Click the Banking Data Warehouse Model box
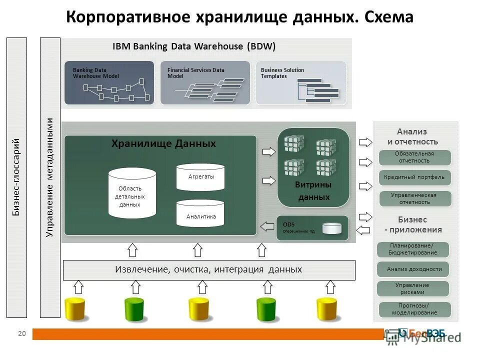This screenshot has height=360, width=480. (x=109, y=82)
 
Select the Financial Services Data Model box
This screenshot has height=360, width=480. (x=204, y=82)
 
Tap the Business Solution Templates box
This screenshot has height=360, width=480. (x=300, y=82)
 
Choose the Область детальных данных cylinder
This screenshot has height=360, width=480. (x=132, y=193)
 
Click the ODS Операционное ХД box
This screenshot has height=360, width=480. (x=312, y=227)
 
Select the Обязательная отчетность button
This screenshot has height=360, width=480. (x=414, y=157)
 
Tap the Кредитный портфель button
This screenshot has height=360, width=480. (x=414, y=177)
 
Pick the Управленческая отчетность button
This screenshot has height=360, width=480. (x=414, y=198)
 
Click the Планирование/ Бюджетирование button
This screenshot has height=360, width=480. (x=413, y=249)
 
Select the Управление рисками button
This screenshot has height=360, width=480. (x=413, y=288)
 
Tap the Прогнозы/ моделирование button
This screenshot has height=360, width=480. (x=415, y=309)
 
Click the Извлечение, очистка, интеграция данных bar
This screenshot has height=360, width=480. (x=208, y=270)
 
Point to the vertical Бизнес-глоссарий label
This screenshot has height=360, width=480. (x=16, y=177)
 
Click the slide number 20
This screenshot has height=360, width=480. (x=21, y=333)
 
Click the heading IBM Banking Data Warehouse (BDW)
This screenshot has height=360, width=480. (x=194, y=46)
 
